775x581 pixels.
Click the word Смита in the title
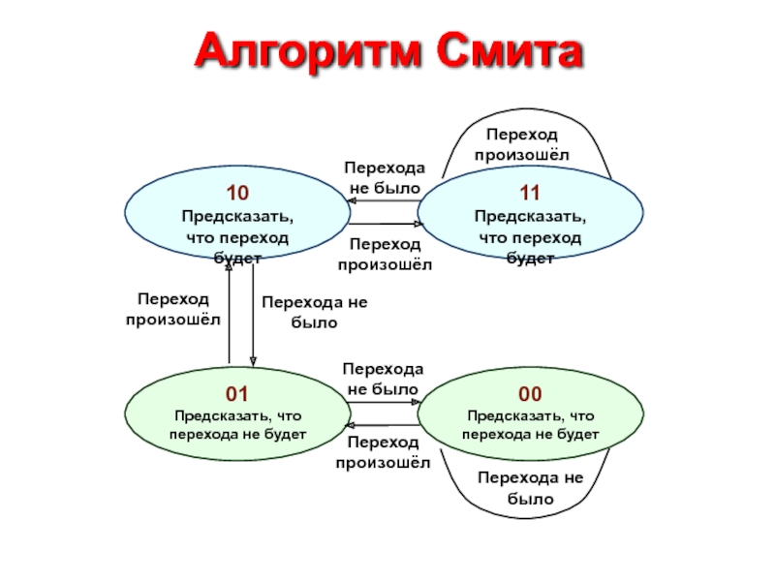click(510, 50)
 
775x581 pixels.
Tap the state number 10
click(237, 193)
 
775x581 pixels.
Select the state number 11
click(530, 193)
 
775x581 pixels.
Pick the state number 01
click(237, 394)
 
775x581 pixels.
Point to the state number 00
click(530, 394)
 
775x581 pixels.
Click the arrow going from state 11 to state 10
click(384, 201)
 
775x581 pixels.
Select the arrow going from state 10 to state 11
click(386, 224)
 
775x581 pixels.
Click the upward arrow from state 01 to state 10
click(229, 313)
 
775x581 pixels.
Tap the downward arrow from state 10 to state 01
click(253, 316)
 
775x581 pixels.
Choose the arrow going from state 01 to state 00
click(385, 402)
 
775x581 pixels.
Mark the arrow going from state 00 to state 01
click(383, 425)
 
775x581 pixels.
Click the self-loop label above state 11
click(522, 144)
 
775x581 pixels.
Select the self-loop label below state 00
click(530, 488)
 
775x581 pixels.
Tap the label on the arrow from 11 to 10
click(385, 178)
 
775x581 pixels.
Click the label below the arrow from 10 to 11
click(385, 254)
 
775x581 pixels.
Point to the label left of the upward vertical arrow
click(173, 309)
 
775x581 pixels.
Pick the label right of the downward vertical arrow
click(315, 312)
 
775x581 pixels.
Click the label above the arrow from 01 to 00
click(383, 379)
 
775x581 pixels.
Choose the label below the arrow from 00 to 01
click(383, 452)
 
